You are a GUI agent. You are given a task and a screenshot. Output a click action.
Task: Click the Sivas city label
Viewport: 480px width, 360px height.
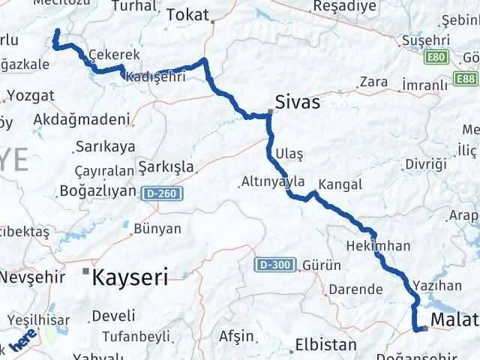[298, 101]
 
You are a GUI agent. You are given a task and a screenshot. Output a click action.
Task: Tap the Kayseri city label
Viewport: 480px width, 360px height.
[128, 278]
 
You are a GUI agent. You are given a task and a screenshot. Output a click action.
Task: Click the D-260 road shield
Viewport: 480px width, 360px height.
[160, 192]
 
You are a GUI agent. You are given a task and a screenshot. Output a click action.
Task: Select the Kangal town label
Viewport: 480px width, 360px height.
[340, 184]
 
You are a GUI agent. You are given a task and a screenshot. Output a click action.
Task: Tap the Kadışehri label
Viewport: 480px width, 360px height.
[156, 77]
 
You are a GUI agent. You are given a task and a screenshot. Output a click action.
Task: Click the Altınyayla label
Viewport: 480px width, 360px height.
[273, 181]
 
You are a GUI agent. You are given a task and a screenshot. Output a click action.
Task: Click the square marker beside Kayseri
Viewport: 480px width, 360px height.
[87, 270]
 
